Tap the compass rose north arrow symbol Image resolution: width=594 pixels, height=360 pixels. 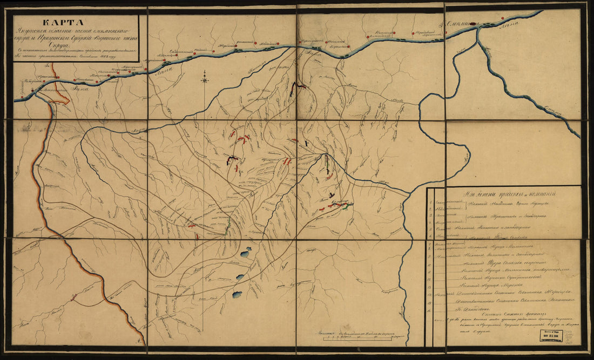point(205,80)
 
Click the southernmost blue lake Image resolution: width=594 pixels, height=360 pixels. point(237,294)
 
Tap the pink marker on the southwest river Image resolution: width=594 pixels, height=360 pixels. point(59,100)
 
